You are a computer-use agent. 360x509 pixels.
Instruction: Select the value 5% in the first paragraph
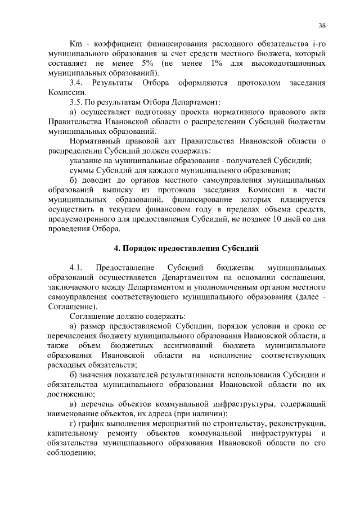[155, 64]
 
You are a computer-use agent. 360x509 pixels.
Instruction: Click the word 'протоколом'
[259, 83]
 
